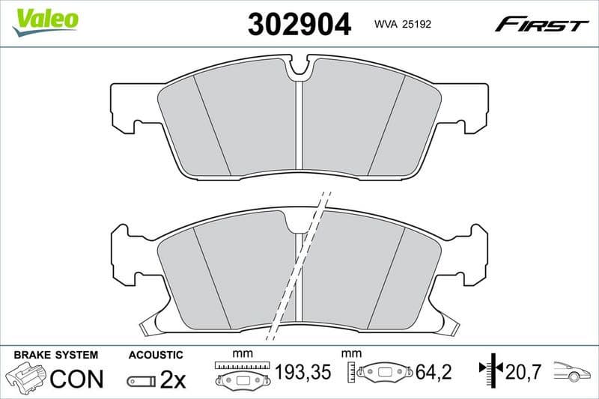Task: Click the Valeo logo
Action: (x=45, y=19)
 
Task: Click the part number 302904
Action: (x=299, y=25)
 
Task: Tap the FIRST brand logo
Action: (x=541, y=25)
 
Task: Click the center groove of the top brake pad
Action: (x=298, y=124)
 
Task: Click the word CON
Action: (x=76, y=379)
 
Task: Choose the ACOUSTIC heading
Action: (x=156, y=355)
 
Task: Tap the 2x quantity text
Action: (x=173, y=380)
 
